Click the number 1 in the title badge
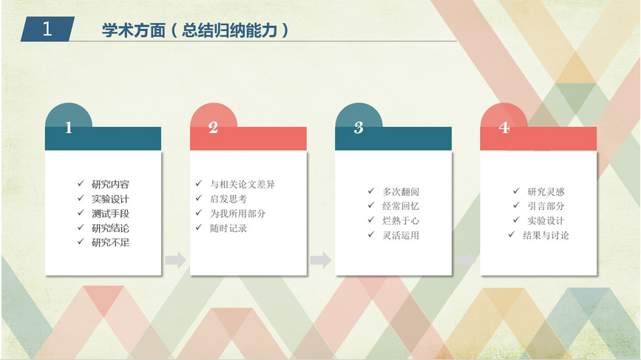pos(47,29)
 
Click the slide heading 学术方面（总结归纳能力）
pos(195,30)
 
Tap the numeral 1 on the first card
pos(68,127)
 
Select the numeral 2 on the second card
pos(213,127)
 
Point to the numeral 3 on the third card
pos(359,127)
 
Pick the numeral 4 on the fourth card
pos(504,127)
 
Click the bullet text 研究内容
pos(110,184)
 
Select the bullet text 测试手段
pos(110,214)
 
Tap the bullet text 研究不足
pos(110,242)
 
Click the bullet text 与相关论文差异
pos(243,184)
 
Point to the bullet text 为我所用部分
pos(237,214)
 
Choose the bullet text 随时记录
pos(228,228)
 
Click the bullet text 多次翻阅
pos(401,191)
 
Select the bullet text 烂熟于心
pos(401,221)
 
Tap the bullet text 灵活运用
pos(401,235)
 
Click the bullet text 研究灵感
pos(546,191)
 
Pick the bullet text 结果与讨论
pos(546,235)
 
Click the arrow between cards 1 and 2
pos(176,260)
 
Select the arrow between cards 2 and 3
pos(321,260)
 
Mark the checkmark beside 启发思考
pos(199,198)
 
